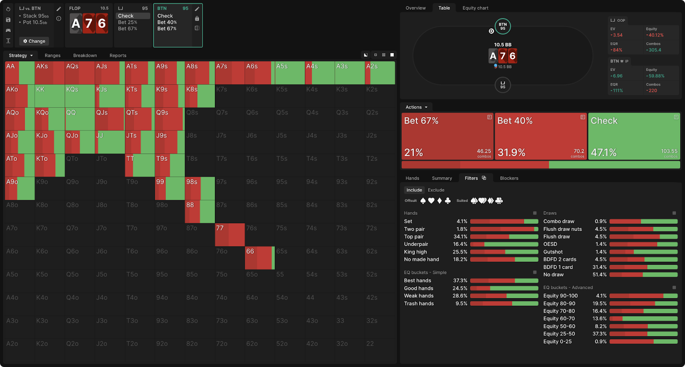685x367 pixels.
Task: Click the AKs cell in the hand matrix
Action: (x=50, y=73)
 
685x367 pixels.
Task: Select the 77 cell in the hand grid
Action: (x=229, y=234)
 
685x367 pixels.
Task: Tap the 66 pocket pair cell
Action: (x=259, y=257)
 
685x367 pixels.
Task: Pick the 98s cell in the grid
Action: (x=200, y=188)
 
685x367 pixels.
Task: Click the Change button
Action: (x=34, y=41)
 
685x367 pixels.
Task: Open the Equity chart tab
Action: (x=475, y=8)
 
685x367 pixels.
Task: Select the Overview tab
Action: (x=415, y=8)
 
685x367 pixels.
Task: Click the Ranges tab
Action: (x=53, y=56)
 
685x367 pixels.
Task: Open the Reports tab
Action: (x=118, y=56)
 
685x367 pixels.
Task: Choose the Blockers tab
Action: (x=509, y=178)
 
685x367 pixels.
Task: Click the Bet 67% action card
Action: (x=447, y=136)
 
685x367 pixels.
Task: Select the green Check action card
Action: (x=634, y=136)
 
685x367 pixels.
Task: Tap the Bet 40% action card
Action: (x=541, y=136)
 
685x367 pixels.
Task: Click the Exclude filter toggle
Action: (x=436, y=190)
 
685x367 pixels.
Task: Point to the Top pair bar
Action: (x=504, y=237)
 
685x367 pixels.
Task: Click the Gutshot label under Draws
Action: (x=553, y=252)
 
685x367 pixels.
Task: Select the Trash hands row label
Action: (x=419, y=304)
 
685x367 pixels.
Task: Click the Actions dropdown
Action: (x=416, y=107)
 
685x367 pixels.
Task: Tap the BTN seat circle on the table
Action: (x=503, y=27)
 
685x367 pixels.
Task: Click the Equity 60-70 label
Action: (x=559, y=319)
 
